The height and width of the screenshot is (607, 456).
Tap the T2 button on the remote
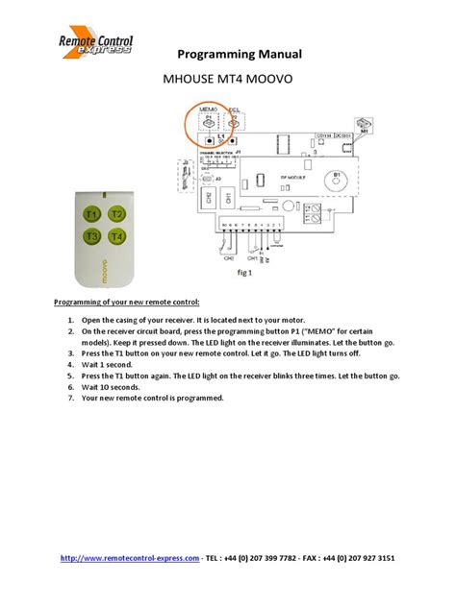coord(116,214)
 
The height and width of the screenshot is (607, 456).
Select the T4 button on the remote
coord(116,235)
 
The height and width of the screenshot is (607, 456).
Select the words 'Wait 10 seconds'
coord(115,385)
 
